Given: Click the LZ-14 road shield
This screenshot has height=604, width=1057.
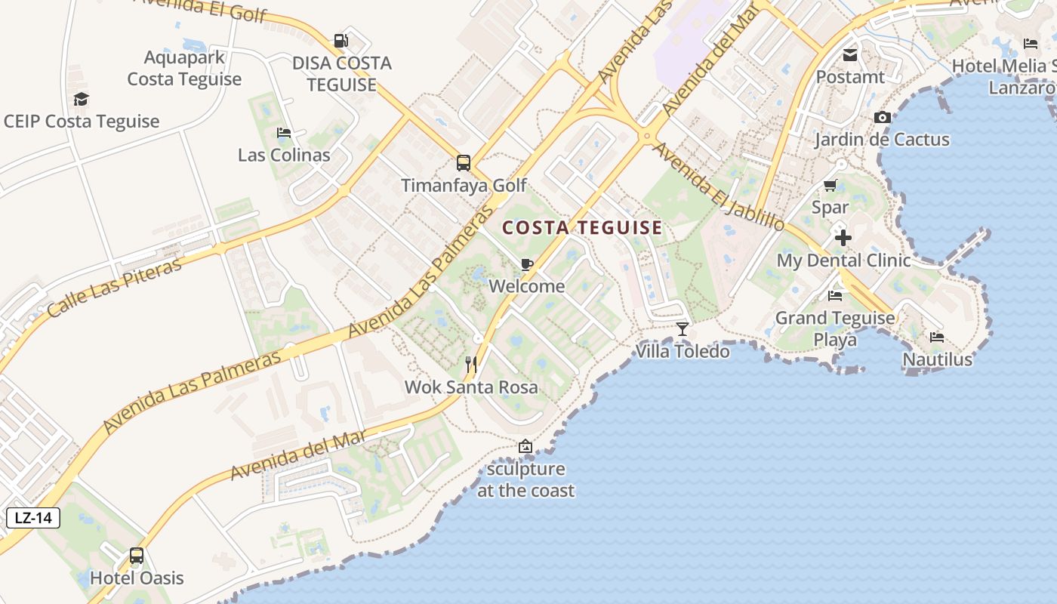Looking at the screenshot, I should tap(33, 518).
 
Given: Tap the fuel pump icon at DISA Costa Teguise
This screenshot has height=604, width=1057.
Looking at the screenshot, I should tap(341, 40).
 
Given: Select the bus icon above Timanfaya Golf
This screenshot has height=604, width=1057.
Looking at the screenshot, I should tap(463, 162).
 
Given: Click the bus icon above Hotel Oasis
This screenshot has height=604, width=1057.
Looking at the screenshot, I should tap(137, 556).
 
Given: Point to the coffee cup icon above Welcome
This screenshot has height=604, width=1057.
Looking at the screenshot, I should tap(526, 264).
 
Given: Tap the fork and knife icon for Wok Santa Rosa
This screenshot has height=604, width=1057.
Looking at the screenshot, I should tap(471, 365).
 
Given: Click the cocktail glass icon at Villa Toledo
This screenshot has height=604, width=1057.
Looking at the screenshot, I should tap(683, 328).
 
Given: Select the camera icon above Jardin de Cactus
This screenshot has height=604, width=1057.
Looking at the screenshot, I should tap(882, 117).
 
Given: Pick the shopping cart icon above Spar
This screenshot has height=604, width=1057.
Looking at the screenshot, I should tap(830, 185).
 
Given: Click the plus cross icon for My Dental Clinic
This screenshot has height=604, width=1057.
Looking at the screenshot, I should tap(843, 238).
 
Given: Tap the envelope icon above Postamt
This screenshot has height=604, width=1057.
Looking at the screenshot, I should tap(850, 54).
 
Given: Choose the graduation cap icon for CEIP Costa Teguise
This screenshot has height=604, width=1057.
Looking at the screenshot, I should tap(82, 99).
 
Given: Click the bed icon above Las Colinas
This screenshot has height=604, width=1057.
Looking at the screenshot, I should tap(284, 133).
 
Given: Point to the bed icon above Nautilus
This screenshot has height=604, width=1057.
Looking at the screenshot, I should tap(937, 337).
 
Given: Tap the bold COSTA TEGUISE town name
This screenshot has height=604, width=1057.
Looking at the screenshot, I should tap(582, 227).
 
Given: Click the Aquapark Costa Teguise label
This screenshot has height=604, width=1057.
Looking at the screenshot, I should tap(184, 68).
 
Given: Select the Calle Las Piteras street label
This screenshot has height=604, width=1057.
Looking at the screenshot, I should tap(115, 288).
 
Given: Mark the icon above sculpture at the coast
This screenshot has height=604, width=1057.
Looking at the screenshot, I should tap(525, 446).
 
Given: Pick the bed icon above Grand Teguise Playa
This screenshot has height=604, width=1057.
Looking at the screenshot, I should tap(835, 295).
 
